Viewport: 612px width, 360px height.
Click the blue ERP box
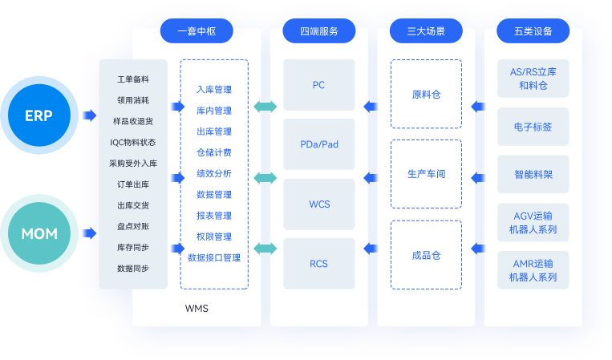point(39,115)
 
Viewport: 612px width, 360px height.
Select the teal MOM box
point(39,233)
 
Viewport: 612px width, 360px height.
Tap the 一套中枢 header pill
point(197,32)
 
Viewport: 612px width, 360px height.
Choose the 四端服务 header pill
point(318,32)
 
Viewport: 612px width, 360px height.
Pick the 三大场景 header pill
point(426,32)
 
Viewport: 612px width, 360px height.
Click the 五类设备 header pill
point(533,32)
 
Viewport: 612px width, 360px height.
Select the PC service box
point(318,85)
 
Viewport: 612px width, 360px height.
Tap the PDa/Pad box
point(318,144)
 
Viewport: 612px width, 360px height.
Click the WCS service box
point(318,204)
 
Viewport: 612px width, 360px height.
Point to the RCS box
point(318,263)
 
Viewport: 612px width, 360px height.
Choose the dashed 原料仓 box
point(426,94)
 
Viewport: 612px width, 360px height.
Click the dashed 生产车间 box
point(426,174)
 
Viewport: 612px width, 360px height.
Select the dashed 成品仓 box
point(426,255)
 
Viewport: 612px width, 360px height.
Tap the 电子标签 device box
point(533,127)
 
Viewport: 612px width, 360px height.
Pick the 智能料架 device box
point(533,174)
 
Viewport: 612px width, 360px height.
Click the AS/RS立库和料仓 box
point(533,78)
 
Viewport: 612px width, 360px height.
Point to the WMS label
point(197,308)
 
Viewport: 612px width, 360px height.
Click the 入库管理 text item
point(214,90)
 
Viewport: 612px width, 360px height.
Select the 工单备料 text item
point(133,80)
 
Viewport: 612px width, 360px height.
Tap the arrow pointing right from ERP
point(88,115)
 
